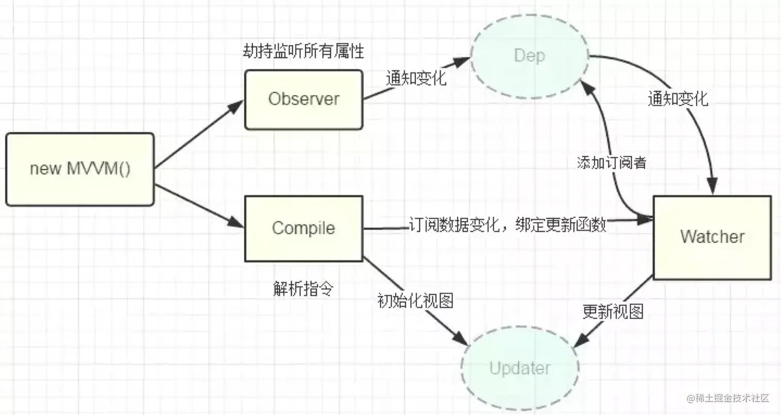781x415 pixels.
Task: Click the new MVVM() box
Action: click(x=80, y=169)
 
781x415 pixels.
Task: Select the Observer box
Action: click(x=304, y=99)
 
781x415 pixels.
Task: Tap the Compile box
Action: click(x=304, y=228)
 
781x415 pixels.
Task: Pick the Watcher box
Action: click(x=712, y=237)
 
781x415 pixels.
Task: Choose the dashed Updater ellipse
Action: click(x=520, y=369)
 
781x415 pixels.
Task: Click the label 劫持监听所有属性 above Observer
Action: click(x=304, y=52)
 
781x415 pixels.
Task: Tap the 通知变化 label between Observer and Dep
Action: click(x=416, y=78)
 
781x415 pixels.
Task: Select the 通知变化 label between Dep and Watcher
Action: click(x=678, y=99)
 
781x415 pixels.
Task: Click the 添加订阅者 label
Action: click(x=612, y=163)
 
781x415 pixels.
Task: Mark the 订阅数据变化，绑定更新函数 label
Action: click(x=507, y=226)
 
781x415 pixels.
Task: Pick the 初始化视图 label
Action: click(x=416, y=300)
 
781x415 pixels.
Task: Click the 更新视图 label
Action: click(x=613, y=311)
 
